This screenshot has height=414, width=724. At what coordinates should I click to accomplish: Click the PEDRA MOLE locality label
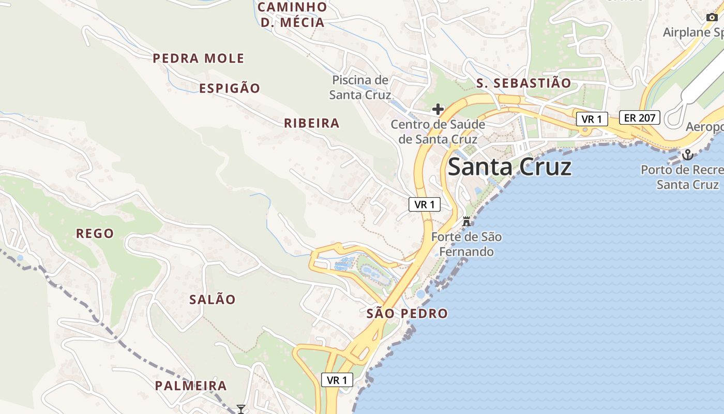tap(198, 58)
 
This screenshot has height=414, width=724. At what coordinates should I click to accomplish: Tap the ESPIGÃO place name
tap(230, 88)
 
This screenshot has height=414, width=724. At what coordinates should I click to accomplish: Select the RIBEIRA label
tap(311, 123)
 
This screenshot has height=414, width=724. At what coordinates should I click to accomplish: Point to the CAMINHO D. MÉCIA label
tap(292, 14)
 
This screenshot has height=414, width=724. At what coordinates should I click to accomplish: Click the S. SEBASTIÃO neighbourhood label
tap(523, 83)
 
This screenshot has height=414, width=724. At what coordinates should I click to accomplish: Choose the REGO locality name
tap(95, 233)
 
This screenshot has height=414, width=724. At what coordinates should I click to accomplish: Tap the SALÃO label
tap(212, 300)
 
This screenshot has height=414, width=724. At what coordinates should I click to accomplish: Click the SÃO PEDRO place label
tap(407, 314)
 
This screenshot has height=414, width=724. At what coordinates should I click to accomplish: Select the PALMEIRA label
tap(191, 386)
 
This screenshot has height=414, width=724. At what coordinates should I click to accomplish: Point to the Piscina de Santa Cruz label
tap(360, 87)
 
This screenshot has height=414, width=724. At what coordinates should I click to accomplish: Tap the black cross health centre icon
tap(438, 109)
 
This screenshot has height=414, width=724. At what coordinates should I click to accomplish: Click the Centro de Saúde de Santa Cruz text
tap(438, 132)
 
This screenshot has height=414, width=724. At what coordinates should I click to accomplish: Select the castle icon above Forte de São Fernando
tap(466, 221)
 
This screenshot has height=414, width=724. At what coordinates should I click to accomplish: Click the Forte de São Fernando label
tap(466, 245)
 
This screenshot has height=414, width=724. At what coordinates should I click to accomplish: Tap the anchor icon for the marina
tap(687, 154)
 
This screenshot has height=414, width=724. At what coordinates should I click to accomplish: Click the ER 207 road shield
tap(640, 117)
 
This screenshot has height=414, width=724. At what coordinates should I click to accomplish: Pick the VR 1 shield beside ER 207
tap(592, 119)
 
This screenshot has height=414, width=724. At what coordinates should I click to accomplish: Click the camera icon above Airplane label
tap(712, 17)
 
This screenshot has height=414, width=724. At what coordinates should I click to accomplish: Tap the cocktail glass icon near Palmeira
tap(240, 409)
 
